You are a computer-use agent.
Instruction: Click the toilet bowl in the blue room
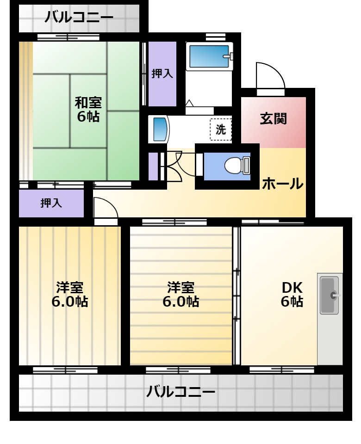[237, 166]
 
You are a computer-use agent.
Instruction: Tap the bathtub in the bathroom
[209, 56]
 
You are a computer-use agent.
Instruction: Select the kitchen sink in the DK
[330, 296]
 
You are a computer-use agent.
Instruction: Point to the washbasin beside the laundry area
[159, 129]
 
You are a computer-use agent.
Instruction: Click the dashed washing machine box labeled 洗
[221, 129]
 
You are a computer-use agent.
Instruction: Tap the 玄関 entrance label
[274, 119]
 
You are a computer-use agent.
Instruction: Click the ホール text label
[282, 184]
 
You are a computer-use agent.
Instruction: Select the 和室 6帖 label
[88, 109]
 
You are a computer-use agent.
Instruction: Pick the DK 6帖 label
[292, 295]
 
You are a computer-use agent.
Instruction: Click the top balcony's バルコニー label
[79, 17]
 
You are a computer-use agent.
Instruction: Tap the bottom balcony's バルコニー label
[180, 392]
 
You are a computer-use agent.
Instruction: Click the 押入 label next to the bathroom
[162, 74]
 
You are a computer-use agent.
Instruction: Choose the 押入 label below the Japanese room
[51, 203]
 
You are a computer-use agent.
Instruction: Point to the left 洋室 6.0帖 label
[70, 295]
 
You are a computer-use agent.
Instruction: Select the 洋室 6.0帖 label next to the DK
[181, 295]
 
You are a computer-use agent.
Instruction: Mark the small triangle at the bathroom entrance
[189, 103]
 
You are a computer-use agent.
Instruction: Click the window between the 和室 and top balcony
[68, 37]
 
